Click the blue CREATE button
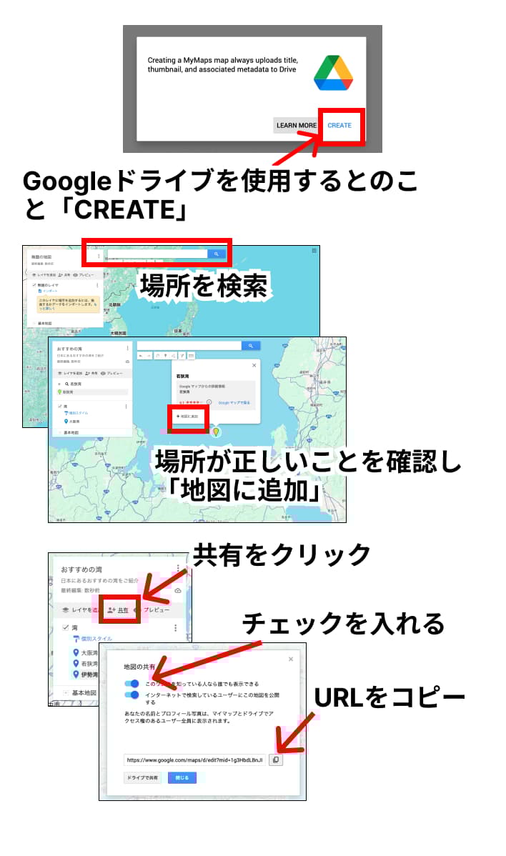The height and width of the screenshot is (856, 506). [x=339, y=126]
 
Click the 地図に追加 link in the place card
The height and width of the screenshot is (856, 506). [x=187, y=416]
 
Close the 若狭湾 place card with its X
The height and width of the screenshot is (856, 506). [x=254, y=365]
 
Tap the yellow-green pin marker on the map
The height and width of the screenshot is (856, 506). [x=216, y=432]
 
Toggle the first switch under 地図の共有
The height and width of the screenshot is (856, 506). [x=132, y=684]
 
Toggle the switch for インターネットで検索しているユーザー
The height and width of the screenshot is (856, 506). [x=132, y=695]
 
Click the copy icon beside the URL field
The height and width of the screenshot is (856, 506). [x=276, y=760]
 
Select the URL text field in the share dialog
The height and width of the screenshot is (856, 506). [x=194, y=760]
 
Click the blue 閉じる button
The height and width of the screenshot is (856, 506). [x=182, y=777]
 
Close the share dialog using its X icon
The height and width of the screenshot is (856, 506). [x=290, y=660]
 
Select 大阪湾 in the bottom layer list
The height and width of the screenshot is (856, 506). [x=89, y=653]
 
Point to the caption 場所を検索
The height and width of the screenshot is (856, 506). [x=204, y=286]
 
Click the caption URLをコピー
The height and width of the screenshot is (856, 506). [x=390, y=697]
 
